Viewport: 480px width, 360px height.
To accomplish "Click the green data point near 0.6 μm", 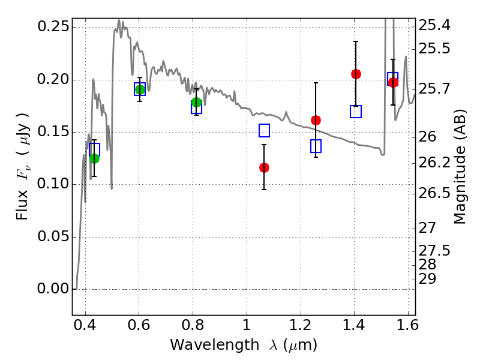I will coord(140,89).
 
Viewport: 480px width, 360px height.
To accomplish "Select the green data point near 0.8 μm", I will coord(196,102).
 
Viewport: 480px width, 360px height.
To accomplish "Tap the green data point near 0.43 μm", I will coord(94,158).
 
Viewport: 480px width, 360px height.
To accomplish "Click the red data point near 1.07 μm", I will coord(264,167).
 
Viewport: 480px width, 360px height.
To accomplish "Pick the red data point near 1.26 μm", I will coord(316,120).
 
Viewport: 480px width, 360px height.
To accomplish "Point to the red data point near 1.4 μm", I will coord(356,74).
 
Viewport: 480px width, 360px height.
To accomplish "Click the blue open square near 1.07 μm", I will coord(264,131).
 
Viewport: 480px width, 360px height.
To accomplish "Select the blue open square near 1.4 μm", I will coord(356,112).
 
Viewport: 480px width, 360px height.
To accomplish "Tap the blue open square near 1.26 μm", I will coord(316,146).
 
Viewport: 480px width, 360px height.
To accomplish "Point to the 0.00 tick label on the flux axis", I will coord(52,289).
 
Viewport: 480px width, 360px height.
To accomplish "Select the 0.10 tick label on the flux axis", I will coord(52,185).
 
